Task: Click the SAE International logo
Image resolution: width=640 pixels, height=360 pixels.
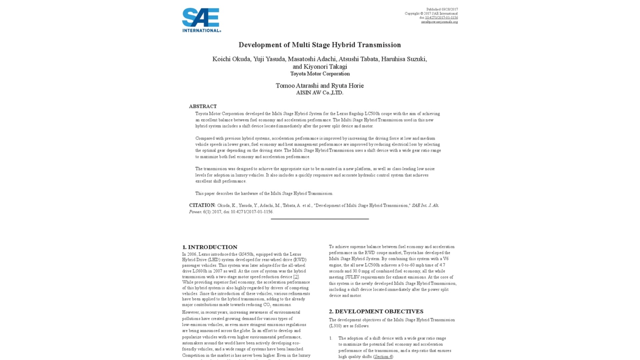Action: [x=201, y=20]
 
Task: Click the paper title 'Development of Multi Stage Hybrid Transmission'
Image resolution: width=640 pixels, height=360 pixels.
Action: [x=320, y=45]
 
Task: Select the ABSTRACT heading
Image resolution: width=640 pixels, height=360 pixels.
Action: [x=203, y=106]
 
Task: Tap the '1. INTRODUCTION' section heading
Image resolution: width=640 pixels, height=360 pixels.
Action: [x=210, y=247]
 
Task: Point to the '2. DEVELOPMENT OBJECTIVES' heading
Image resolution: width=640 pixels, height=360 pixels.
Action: [x=376, y=311]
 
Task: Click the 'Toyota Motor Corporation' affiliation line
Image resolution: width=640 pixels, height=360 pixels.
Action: [x=320, y=74]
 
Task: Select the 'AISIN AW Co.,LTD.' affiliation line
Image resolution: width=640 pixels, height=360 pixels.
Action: [x=320, y=93]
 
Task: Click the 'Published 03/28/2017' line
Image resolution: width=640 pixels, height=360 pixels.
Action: [x=442, y=9]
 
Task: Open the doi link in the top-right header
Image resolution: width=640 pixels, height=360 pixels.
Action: [x=441, y=18]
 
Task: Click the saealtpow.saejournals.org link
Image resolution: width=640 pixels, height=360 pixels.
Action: [x=439, y=22]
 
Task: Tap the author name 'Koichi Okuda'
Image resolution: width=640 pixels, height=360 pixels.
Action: [x=231, y=59]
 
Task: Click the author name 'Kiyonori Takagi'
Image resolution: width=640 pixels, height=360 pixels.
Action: [x=325, y=67]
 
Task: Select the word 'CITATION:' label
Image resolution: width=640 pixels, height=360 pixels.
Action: [x=202, y=205]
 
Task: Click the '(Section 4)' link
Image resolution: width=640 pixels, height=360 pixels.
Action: [x=383, y=357]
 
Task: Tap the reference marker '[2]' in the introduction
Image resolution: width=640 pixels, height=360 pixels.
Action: [x=296, y=277]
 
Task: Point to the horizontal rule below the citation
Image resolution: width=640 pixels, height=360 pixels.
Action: [x=320, y=219]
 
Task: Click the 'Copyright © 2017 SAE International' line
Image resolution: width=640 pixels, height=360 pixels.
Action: [x=431, y=14]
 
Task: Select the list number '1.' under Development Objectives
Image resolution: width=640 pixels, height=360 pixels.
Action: [x=331, y=338]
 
